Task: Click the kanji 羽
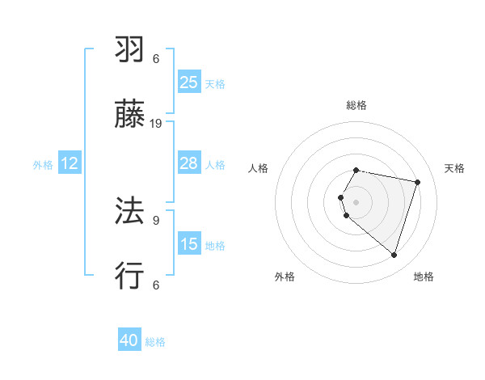pos(130,50)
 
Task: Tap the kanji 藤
pos(130,116)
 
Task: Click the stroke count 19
pos(156,124)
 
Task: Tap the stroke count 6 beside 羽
pos(156,59)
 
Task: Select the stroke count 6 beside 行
pos(156,285)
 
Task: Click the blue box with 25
pos(189,82)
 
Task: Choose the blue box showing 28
pos(189,163)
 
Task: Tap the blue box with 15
pos(189,244)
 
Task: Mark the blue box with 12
pos(69,163)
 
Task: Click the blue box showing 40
pos(129,341)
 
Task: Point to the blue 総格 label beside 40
pos(155,342)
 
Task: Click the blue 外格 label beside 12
pos(43,164)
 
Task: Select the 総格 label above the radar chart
pos(356,105)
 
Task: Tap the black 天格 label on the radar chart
pos(454,168)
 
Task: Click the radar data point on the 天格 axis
pos(417,182)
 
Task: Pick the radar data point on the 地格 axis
pos(394,255)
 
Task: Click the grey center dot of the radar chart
pos(356,201)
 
